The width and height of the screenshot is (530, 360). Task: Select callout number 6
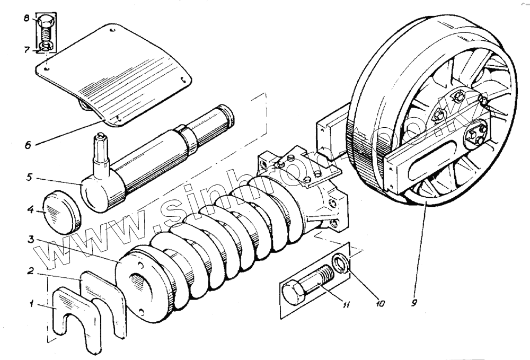coord(27,144)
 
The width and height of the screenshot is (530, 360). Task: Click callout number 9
coord(416,304)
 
